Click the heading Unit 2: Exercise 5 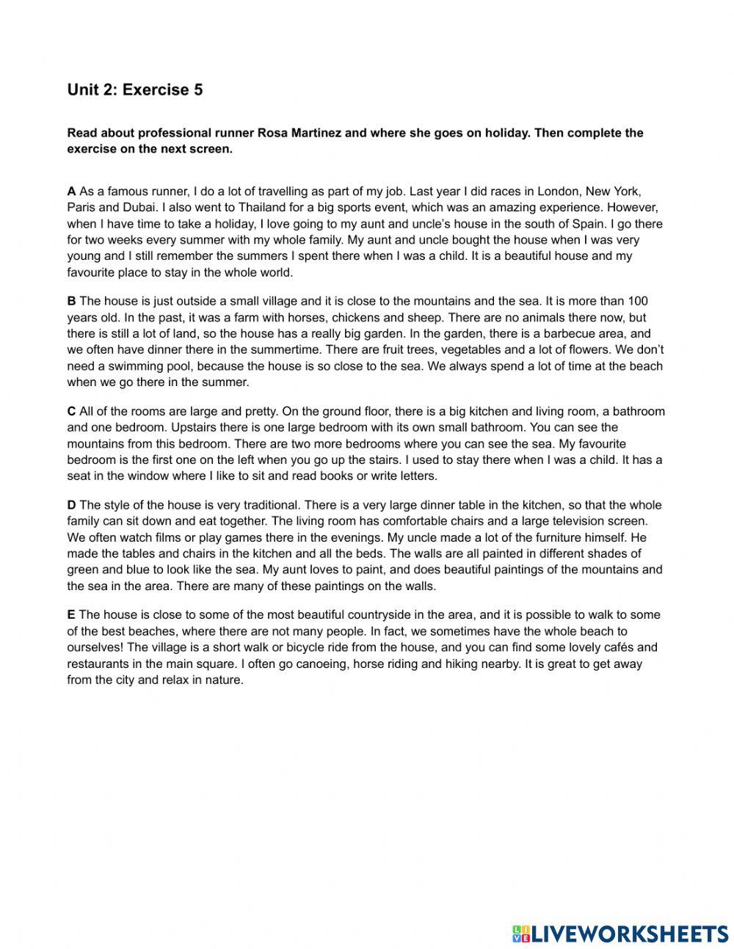coord(135,90)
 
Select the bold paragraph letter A coord(71,192)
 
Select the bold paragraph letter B coord(71,301)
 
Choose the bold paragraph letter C coord(71,411)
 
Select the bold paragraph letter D coord(71,505)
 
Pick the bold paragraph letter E coord(71,615)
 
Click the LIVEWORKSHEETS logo coord(620,932)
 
